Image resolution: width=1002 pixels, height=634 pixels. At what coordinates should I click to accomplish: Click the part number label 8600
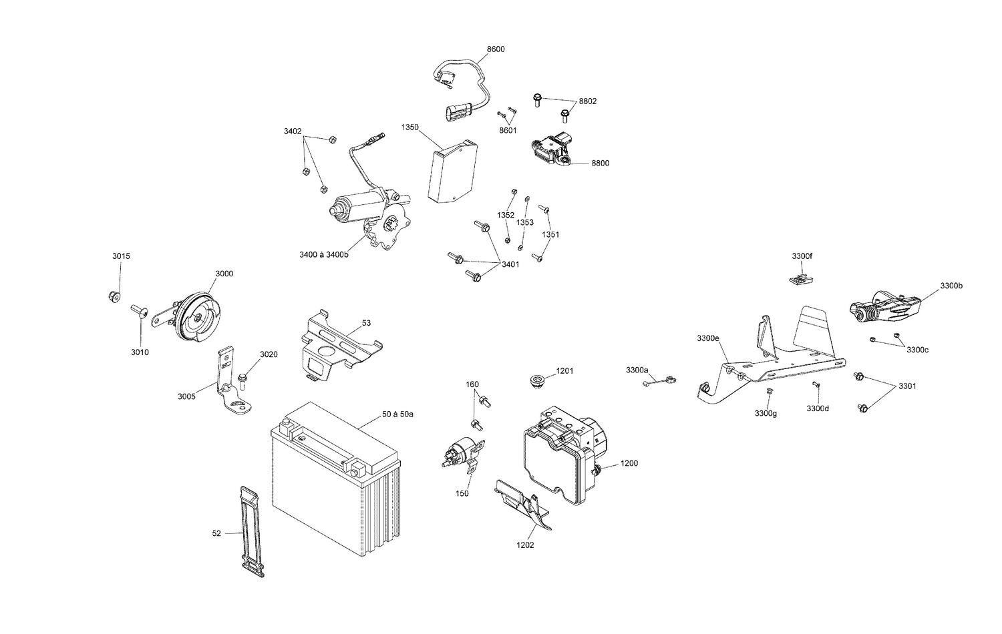(496, 49)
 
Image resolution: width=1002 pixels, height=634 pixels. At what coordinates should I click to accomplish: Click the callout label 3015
(121, 256)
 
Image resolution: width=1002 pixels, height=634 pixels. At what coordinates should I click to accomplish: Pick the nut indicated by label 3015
(114, 296)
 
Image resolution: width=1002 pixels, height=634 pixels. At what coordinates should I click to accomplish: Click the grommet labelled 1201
(535, 382)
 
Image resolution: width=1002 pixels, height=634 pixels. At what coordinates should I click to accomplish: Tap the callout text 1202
(525, 545)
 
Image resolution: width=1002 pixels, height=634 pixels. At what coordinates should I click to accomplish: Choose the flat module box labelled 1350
(451, 172)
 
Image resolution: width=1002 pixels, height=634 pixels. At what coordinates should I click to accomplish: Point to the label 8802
(588, 101)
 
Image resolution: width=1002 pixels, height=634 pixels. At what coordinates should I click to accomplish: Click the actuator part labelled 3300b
(885, 308)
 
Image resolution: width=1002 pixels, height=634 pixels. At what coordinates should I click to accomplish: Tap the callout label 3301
(907, 386)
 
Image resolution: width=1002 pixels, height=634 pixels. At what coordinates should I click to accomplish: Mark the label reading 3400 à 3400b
(324, 254)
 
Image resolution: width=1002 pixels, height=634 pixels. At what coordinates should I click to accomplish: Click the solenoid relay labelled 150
(460, 456)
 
